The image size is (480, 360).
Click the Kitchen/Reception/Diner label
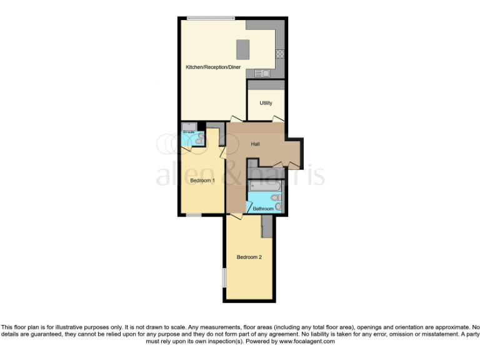pos(213,67)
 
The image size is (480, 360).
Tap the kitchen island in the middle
pos(242,49)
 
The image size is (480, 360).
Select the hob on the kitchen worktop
pos(281,53)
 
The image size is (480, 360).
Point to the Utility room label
pos(266,102)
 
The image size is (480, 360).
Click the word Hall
pos(256,144)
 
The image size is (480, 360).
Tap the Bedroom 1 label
pos(202,181)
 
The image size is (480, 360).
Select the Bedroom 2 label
pos(249,257)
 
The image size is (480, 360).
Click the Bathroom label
pos(263,208)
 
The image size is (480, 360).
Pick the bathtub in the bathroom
pos(266,186)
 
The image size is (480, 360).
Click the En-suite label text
pos(188,132)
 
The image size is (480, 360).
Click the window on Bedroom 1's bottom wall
pos(194,216)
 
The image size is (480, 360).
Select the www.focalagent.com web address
pos(306,341)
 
